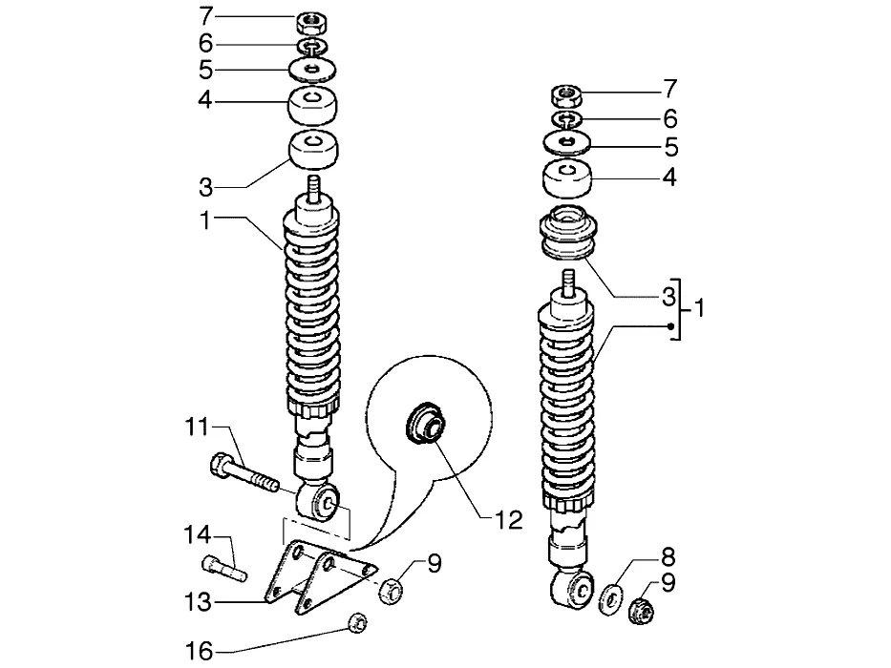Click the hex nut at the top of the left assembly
click(310, 23)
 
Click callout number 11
click(198, 427)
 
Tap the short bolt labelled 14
click(224, 568)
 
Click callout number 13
click(198, 601)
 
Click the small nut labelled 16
click(357, 623)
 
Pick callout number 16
click(199, 651)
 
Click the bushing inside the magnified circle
click(426, 423)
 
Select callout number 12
click(508, 519)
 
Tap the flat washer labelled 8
click(611, 597)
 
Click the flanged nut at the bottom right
click(641, 610)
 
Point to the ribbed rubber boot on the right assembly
click(566, 232)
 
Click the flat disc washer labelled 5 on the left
click(312, 70)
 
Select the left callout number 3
click(205, 187)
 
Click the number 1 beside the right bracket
click(699, 307)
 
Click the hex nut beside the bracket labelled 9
click(391, 590)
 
